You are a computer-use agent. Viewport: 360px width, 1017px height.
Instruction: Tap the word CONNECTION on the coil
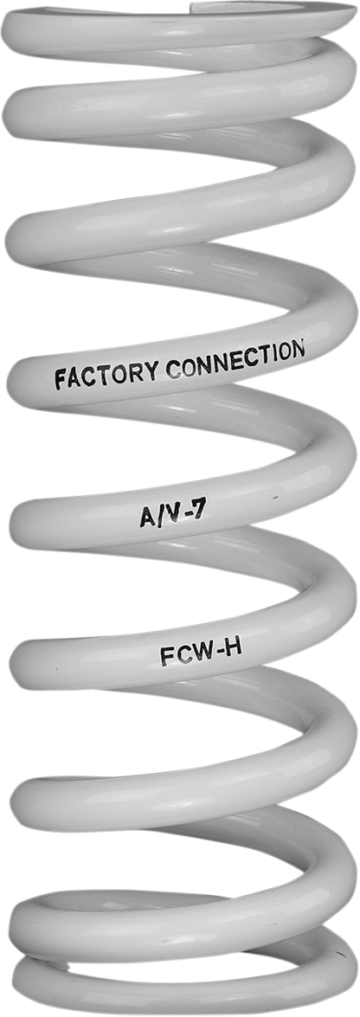click(235, 358)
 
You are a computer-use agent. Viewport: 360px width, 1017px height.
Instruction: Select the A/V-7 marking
click(173, 515)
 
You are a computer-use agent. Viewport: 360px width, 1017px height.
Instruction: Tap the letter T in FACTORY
click(106, 375)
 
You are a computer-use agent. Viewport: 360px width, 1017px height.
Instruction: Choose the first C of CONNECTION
click(173, 369)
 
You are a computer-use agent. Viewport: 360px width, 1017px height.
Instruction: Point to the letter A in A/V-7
click(147, 518)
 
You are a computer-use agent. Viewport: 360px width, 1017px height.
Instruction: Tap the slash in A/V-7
click(159, 517)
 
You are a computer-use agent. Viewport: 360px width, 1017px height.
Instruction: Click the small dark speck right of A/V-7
click(276, 499)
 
